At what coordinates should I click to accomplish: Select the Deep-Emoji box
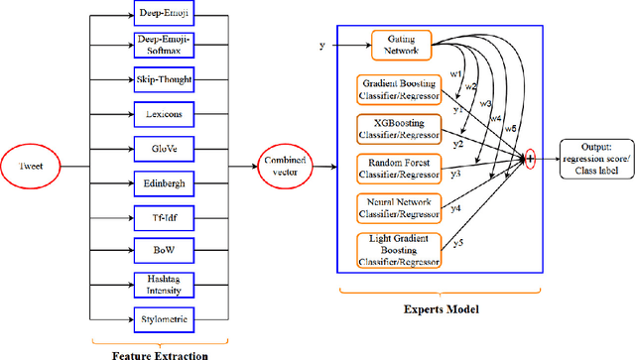click(x=162, y=13)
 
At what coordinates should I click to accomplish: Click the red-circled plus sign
click(x=531, y=159)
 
